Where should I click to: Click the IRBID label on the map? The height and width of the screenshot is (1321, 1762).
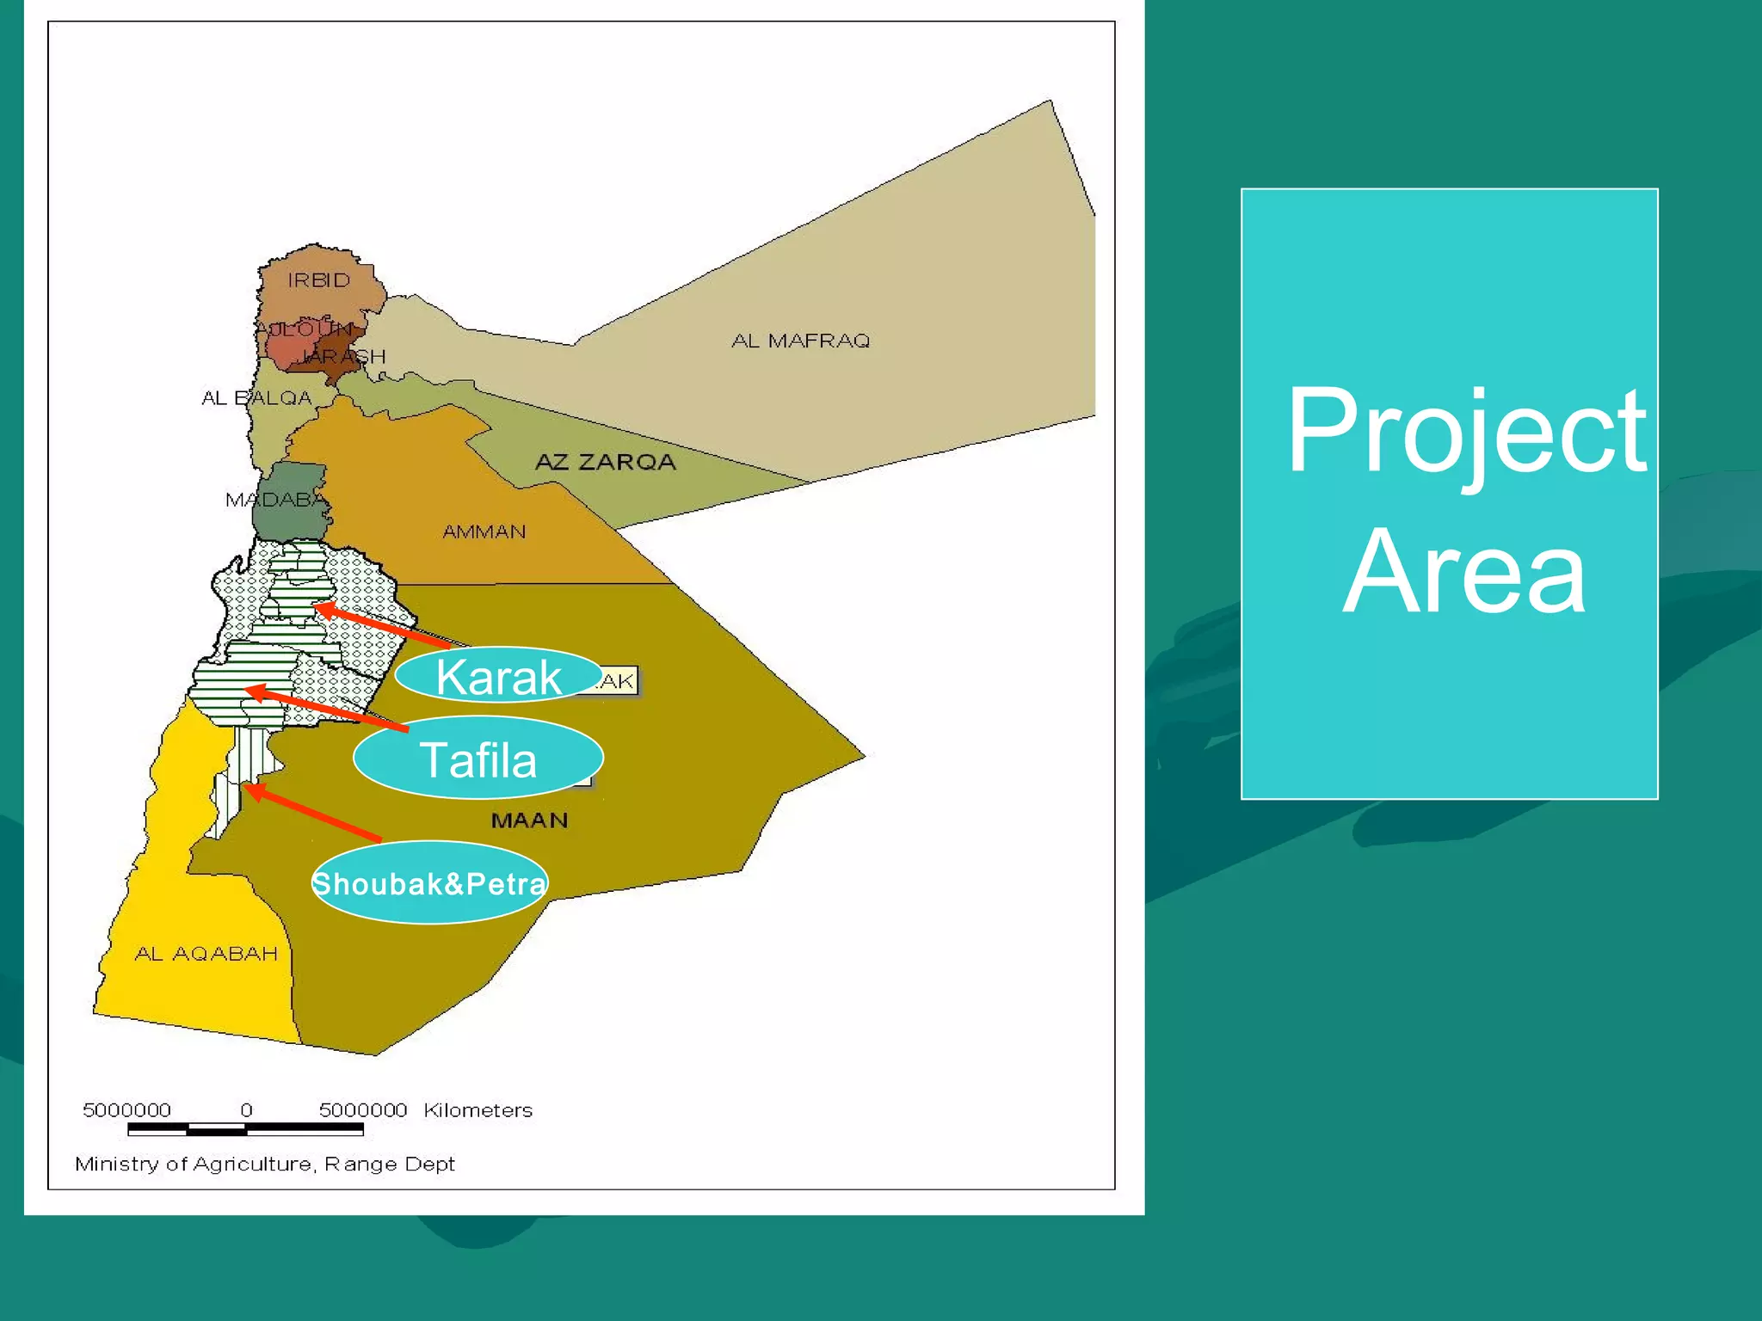pyautogui.click(x=319, y=280)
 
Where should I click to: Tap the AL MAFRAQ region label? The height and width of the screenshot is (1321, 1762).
pyautogui.click(x=800, y=341)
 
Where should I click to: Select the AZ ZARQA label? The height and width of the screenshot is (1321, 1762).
pyautogui.click(x=606, y=462)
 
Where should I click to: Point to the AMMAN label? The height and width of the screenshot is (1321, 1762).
pyautogui.click(x=484, y=531)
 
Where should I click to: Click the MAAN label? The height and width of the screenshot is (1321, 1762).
pyautogui.click(x=529, y=820)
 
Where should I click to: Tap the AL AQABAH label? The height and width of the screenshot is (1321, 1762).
pyautogui.click(x=206, y=953)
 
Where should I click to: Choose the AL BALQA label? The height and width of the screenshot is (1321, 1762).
pyautogui.click(x=256, y=397)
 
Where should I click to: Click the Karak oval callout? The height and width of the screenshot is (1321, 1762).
pyautogui.click(x=498, y=675)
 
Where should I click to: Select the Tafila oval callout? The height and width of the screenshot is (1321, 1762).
pyautogui.click(x=478, y=758)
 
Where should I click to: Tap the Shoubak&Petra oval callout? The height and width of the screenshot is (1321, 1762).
pyautogui.click(x=429, y=882)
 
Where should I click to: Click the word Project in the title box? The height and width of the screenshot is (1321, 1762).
pyautogui.click(x=1465, y=432)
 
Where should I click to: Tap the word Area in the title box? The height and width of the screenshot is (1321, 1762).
pyautogui.click(x=1463, y=572)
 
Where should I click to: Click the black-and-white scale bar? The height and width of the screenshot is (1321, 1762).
pyautogui.click(x=245, y=1129)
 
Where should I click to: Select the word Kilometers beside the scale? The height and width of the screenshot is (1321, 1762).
pyautogui.click(x=477, y=1110)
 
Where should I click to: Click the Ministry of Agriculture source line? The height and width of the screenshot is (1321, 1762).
pyautogui.click(x=264, y=1164)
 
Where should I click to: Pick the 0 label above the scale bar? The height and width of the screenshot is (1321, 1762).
pyautogui.click(x=246, y=1110)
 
